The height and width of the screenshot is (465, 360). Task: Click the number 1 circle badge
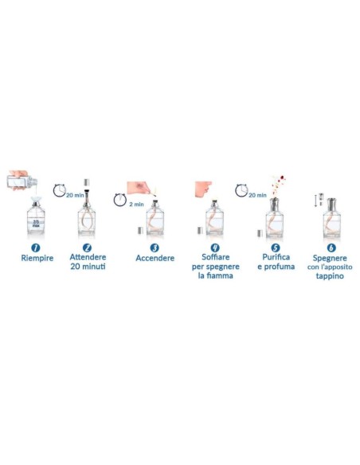(36, 248)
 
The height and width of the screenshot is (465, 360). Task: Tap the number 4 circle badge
(215, 248)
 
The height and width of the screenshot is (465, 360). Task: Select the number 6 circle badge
(331, 248)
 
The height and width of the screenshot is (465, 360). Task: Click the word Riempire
(37, 258)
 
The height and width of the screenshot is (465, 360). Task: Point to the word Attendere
(88, 257)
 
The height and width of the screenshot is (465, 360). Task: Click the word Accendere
(155, 258)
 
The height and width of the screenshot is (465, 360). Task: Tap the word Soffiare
(216, 257)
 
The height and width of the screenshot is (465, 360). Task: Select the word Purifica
(276, 257)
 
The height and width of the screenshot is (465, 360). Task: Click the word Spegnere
(330, 258)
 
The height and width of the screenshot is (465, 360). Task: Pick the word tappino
(330, 276)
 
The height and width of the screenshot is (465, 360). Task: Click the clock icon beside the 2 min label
(120, 199)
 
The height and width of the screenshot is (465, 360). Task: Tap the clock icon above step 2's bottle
(60, 190)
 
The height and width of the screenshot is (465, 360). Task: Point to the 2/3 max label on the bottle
(36, 224)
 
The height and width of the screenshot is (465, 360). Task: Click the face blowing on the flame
(203, 189)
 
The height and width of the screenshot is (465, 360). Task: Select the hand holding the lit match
(139, 188)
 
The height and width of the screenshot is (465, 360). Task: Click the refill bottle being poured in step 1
(22, 180)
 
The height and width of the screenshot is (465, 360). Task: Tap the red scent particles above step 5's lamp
(278, 185)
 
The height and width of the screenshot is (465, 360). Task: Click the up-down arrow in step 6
(316, 201)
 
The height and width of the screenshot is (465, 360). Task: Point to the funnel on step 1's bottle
(36, 200)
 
